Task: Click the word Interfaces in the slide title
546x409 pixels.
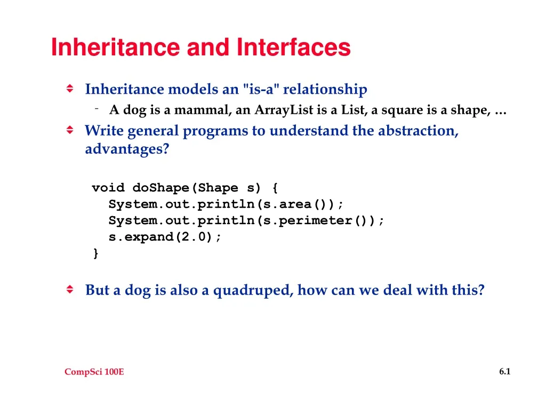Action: (294, 47)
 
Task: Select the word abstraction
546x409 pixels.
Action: (418, 131)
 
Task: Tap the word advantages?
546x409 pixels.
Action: (127, 149)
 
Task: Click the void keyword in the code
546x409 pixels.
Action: (108, 188)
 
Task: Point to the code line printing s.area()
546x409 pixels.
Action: (227, 204)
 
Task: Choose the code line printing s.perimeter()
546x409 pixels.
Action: (246, 221)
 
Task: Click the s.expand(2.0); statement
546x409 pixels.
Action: (165, 238)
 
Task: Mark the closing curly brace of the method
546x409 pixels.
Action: (95, 254)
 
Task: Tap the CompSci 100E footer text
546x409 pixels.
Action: (94, 372)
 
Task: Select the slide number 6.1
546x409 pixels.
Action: (504, 372)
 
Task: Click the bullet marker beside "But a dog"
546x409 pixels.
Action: (70, 290)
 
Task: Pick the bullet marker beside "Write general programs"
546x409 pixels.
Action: (70, 130)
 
